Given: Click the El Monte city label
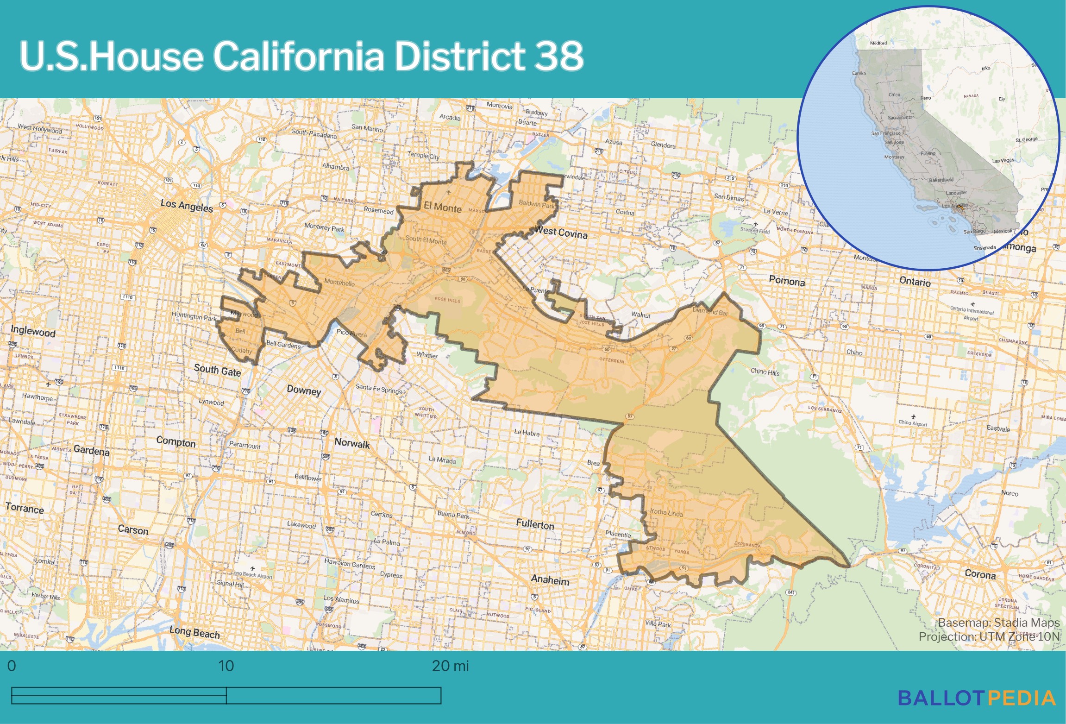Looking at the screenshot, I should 442,208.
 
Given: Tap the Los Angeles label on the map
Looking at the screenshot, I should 187,205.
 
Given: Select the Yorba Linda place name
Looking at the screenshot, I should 666,513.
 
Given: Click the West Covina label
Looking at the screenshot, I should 561,232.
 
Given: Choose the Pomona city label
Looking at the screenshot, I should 787,281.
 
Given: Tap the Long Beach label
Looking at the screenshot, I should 194,632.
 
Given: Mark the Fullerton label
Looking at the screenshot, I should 535,524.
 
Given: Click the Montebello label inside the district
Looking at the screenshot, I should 339,283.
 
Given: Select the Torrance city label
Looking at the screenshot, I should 25,509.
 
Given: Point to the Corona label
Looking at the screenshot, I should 980,574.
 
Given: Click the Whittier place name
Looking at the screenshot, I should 427,355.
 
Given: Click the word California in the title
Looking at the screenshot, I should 298,56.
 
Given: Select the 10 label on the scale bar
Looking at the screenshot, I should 226,666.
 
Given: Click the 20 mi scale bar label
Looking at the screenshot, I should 450,666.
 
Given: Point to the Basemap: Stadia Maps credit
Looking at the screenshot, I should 998,623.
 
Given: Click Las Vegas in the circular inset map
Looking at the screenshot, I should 1003,161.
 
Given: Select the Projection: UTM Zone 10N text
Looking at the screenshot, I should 989,636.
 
